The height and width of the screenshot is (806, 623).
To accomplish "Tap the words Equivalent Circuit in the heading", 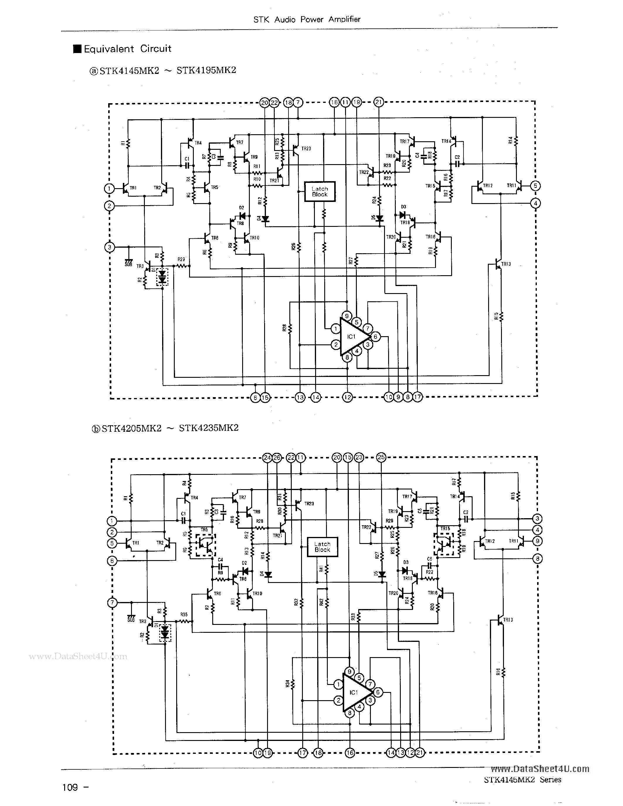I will point(127,49).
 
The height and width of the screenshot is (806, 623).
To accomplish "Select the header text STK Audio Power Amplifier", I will point(307,19).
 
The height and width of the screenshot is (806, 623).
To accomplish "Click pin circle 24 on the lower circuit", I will point(267,458).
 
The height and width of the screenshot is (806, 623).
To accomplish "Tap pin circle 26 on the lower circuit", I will point(277,458).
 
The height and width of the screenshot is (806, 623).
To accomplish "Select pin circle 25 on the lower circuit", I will point(381,458).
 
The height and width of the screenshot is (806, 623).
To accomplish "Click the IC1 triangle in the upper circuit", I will point(352,336).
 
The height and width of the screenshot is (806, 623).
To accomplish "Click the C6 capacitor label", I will point(429,559).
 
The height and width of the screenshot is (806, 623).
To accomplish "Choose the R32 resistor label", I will point(296,602).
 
